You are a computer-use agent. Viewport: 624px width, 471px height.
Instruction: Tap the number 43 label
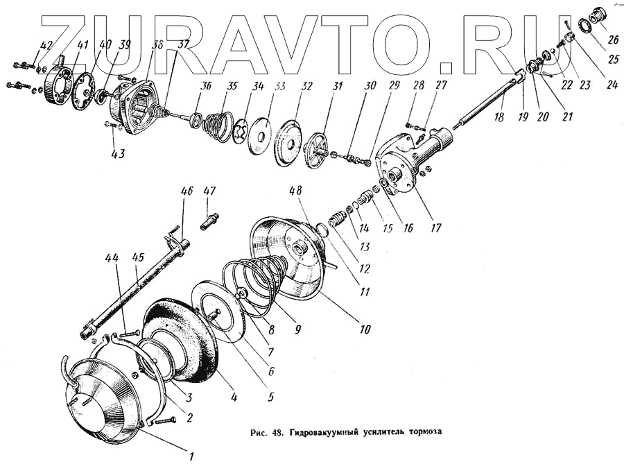[x=118, y=153]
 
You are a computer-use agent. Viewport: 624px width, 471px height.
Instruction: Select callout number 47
[x=210, y=191]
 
